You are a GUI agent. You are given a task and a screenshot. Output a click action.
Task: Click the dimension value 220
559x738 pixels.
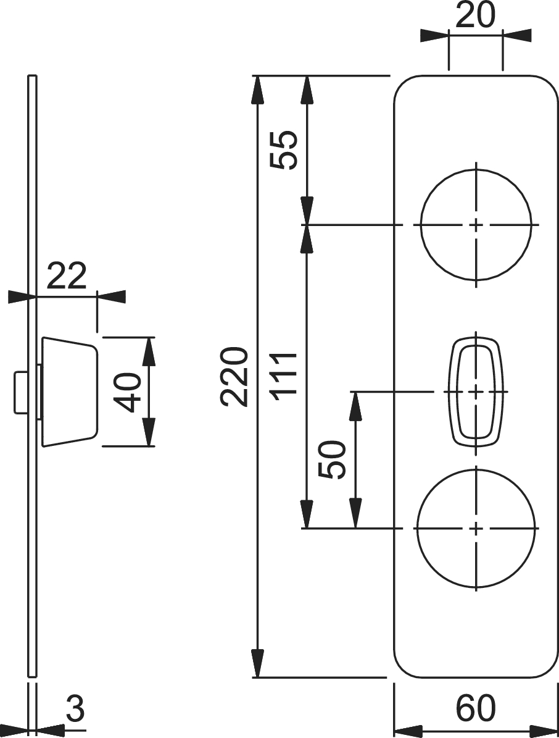[235, 377]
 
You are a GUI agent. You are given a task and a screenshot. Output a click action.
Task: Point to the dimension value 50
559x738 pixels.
[334, 459]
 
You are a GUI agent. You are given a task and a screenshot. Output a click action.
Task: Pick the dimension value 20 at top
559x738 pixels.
[475, 17]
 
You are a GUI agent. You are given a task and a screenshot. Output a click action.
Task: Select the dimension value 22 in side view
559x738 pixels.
[67, 277]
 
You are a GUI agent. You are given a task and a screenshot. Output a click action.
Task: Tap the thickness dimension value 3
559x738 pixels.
[75, 710]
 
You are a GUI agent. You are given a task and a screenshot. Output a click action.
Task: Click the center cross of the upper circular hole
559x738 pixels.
[476, 225]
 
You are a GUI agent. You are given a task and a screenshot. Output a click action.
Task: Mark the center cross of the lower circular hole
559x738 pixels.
[476, 529]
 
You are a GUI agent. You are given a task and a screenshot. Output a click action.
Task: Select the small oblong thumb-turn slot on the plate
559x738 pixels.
[476, 391]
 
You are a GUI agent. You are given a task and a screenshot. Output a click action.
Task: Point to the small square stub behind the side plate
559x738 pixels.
[20, 392]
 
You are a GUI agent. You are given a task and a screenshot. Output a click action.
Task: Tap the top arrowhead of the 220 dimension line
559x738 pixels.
[259, 86]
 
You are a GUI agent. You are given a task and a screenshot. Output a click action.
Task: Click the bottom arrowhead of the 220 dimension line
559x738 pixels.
[259, 666]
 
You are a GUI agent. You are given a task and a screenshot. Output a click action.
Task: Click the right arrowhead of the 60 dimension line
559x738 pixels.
[546, 729]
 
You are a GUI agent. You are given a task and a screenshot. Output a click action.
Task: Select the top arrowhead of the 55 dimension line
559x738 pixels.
[307, 86]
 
